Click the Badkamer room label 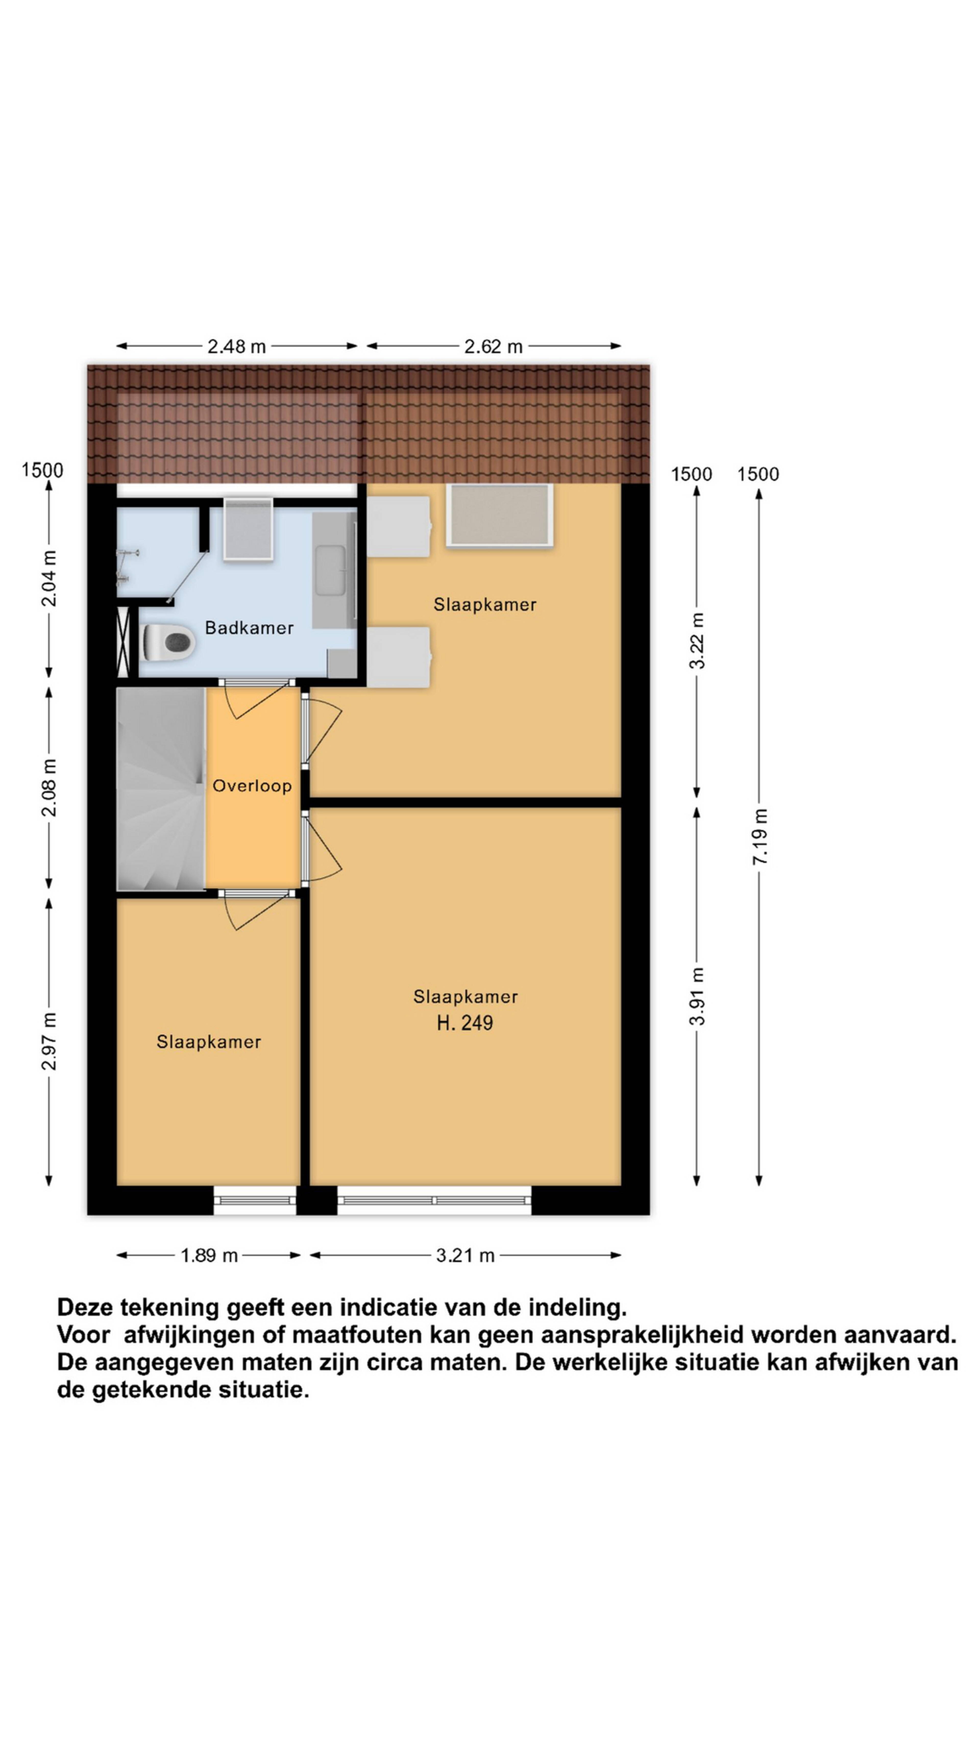point(249,628)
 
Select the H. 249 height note point(465,1023)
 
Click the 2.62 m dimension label point(493,346)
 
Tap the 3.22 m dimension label point(697,640)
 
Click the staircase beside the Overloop point(161,789)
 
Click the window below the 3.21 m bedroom point(434,1200)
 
